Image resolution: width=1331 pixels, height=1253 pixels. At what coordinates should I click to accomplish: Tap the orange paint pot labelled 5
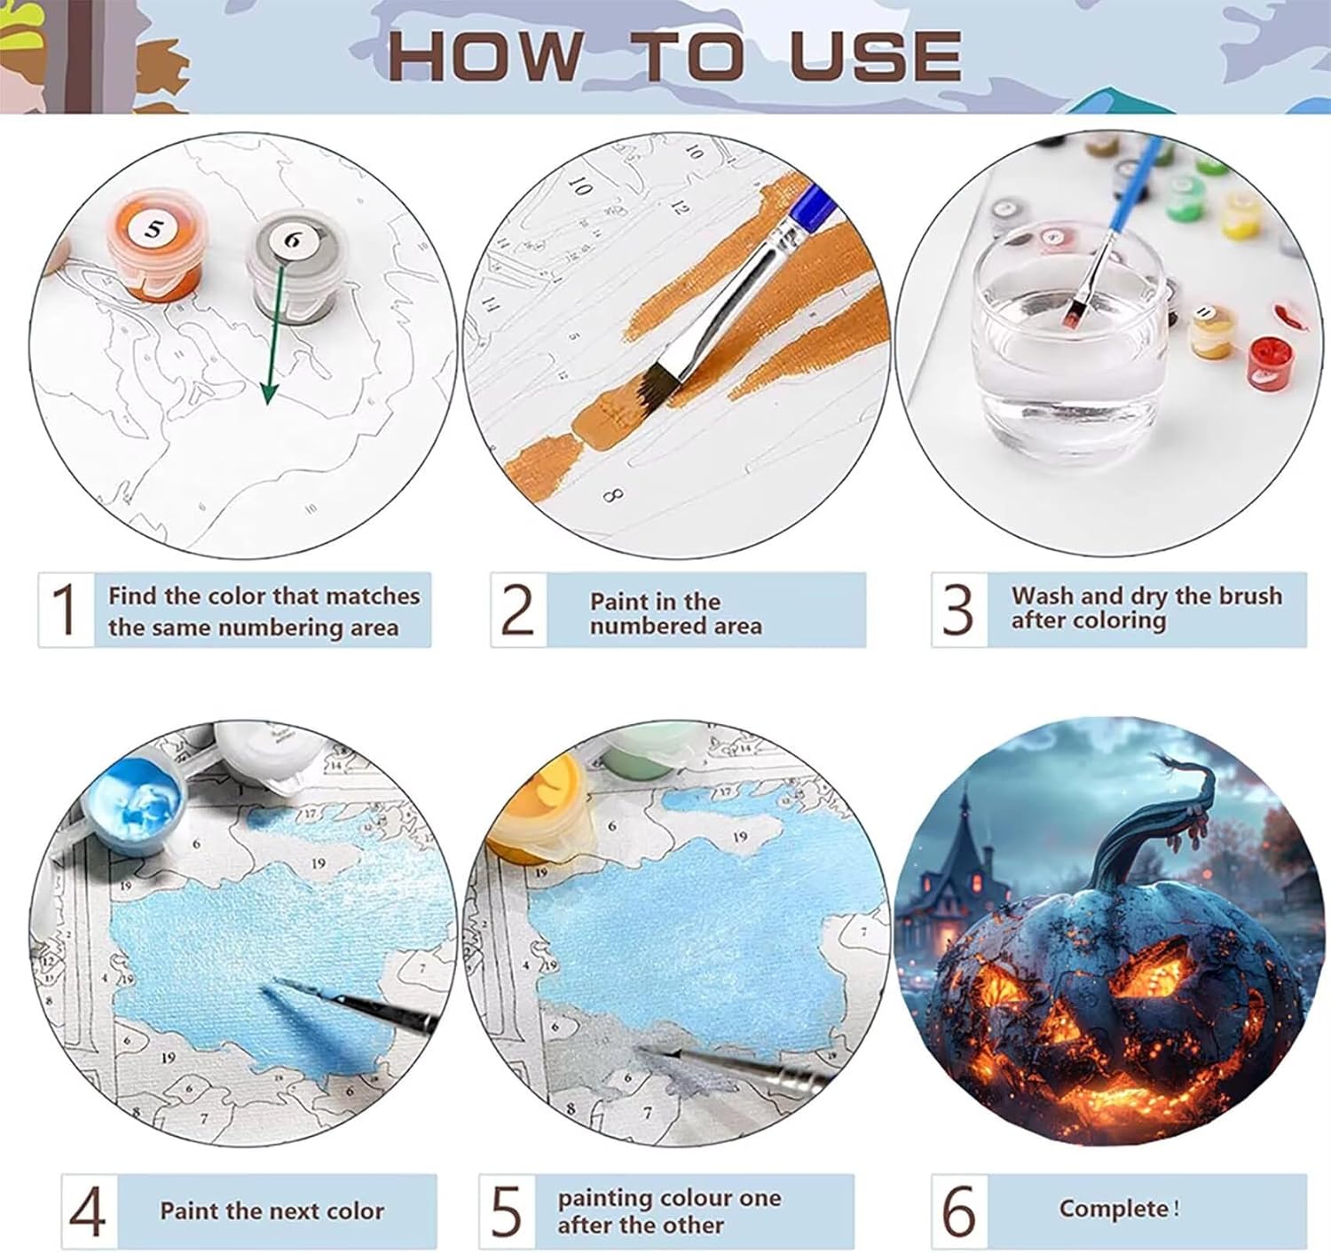(x=154, y=244)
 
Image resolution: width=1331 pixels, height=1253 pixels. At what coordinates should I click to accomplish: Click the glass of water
(x=1066, y=342)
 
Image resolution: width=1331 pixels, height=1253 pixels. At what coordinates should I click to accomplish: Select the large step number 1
(x=65, y=609)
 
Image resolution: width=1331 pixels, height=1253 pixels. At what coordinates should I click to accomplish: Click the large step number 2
(x=517, y=609)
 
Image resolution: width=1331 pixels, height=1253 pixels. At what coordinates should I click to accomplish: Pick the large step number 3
(x=957, y=609)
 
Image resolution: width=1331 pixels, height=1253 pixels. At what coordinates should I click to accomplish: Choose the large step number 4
(x=87, y=1211)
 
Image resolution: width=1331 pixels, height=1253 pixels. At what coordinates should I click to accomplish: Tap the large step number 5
(x=506, y=1211)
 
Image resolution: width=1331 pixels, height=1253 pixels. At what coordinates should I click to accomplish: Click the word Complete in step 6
(x=1114, y=1209)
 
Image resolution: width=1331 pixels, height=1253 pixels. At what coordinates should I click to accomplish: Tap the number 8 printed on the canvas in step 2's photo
(x=612, y=496)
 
